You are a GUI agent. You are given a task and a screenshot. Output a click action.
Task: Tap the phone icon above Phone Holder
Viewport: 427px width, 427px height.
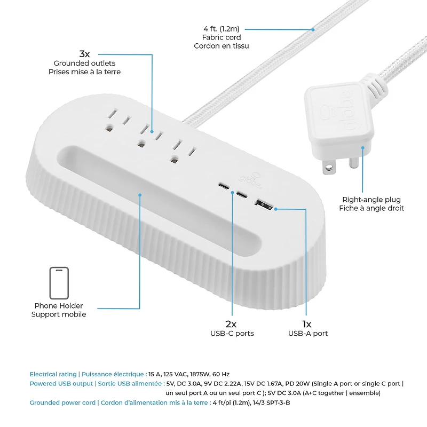tap(59, 283)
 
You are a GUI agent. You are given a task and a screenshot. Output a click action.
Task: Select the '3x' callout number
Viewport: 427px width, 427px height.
tap(84, 54)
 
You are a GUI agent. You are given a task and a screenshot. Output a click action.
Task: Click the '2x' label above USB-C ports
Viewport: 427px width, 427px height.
tap(231, 323)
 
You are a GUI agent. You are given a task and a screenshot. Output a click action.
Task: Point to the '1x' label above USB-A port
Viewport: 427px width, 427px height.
tap(307, 323)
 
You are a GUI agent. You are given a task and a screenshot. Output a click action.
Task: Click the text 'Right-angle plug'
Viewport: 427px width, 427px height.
tap(371, 200)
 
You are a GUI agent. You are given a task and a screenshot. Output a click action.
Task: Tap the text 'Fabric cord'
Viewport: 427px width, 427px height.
tap(222, 37)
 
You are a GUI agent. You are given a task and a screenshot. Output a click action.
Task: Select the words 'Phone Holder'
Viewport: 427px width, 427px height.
tap(59, 306)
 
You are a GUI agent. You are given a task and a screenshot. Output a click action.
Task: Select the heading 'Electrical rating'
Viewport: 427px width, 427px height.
tap(53, 374)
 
